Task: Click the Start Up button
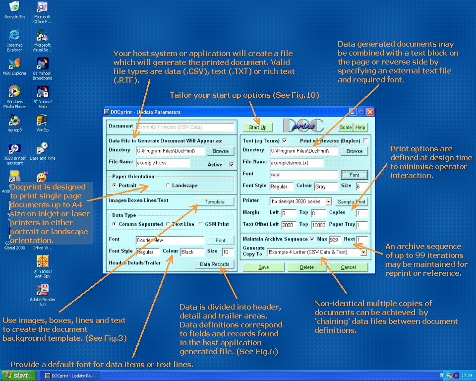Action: click(x=257, y=127)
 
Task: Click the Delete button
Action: click(x=307, y=267)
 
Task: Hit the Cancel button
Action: click(x=348, y=267)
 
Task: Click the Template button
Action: click(x=215, y=202)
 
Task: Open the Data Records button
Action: click(x=215, y=264)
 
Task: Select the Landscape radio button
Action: click(x=169, y=186)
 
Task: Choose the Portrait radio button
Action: click(x=115, y=186)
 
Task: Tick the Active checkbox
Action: click(x=231, y=165)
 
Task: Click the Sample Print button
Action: click(x=352, y=202)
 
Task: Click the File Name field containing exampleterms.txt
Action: click(x=297, y=163)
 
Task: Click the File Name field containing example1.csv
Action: click(x=163, y=163)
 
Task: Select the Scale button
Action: click(x=346, y=127)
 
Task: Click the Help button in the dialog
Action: click(x=360, y=127)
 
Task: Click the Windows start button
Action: click(x=18, y=376)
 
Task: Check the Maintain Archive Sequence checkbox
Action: click(x=312, y=239)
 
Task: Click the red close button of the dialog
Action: click(x=370, y=112)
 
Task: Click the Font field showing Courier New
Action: click(x=170, y=240)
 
